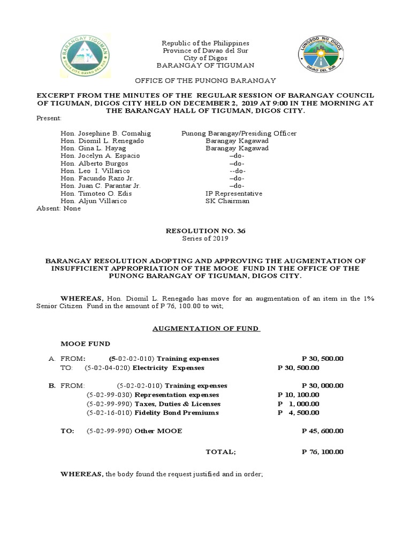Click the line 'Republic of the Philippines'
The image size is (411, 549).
tap(205, 43)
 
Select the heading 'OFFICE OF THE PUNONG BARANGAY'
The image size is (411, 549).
tap(205, 80)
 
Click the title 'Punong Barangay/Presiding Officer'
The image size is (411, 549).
tap(239, 133)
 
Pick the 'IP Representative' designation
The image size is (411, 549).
tap(234, 194)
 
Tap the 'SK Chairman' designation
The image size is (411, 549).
tap(227, 201)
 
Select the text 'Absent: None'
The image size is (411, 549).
tap(58, 209)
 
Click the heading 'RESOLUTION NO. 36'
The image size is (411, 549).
tap(205, 231)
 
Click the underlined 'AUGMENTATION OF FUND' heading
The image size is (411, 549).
tap(206, 329)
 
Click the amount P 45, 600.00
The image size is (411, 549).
tap(323, 431)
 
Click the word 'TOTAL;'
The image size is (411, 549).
tap(220, 452)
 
